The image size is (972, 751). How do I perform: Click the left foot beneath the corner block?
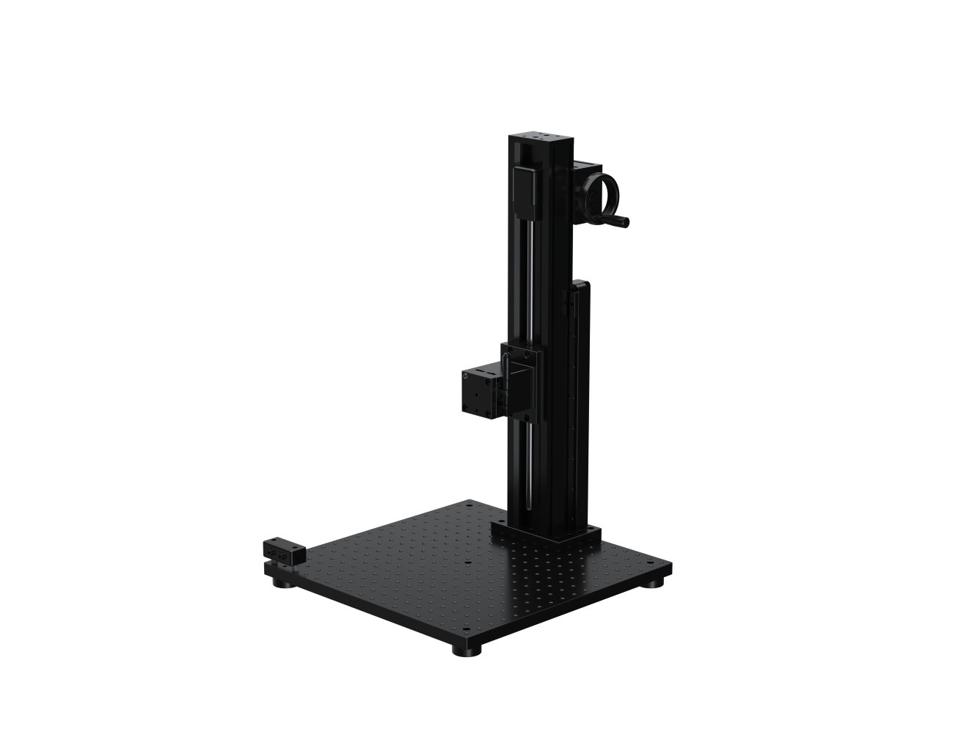(281, 583)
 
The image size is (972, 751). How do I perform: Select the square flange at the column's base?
(547, 534)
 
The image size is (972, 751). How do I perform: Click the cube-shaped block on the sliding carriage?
(480, 392)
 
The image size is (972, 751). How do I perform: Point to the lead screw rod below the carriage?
(528, 462)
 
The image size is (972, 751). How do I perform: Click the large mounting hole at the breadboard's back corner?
(467, 505)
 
